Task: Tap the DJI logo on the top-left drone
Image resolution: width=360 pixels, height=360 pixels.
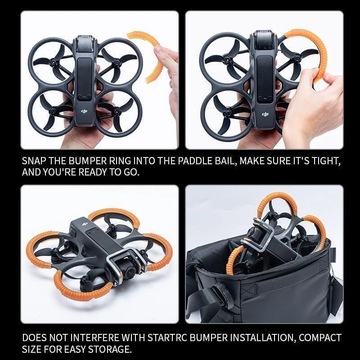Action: click(x=84, y=110)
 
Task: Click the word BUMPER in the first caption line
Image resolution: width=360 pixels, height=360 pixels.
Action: click(x=94, y=161)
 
